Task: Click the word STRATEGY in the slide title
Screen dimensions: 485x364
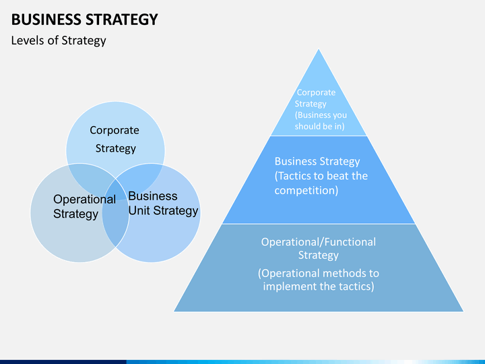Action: (x=121, y=20)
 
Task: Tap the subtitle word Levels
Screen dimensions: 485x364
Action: (x=28, y=40)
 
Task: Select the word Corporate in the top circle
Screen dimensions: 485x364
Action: (x=115, y=131)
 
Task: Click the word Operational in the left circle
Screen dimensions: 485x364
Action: (x=84, y=200)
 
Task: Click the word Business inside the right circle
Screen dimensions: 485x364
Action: (x=153, y=196)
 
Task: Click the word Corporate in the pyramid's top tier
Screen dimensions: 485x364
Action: (x=316, y=92)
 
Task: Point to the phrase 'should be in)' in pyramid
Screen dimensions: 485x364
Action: (x=319, y=126)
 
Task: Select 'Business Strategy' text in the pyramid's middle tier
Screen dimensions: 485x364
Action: (x=317, y=162)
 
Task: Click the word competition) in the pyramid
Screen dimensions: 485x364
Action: (x=306, y=190)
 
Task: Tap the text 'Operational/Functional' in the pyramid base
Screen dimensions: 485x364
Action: (x=319, y=242)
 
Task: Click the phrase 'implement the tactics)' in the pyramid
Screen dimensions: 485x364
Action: (x=319, y=286)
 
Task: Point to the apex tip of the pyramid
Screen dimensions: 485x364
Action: (x=319, y=49)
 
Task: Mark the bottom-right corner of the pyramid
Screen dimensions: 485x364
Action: (x=463, y=311)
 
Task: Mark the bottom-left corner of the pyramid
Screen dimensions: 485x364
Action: (x=174, y=311)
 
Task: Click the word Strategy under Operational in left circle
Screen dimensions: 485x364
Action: (x=75, y=214)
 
